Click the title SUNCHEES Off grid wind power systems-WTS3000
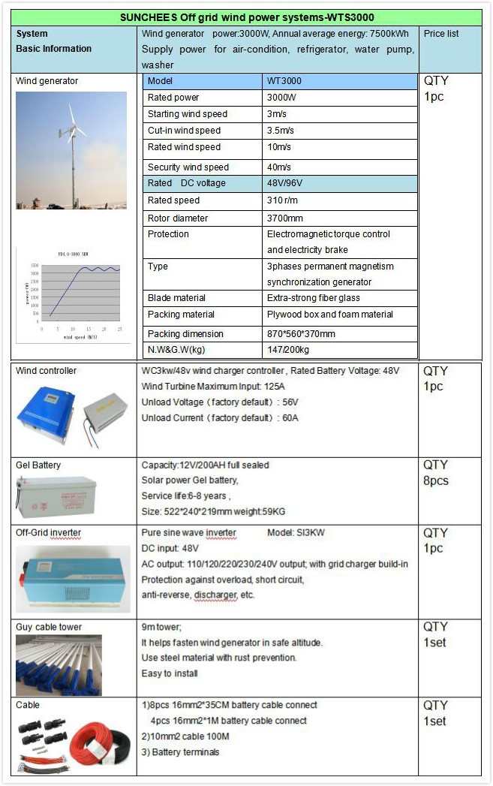click(247, 18)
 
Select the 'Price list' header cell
click(441, 34)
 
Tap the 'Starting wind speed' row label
click(187, 114)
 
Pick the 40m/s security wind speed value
click(279, 167)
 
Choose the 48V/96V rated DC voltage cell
click(284, 183)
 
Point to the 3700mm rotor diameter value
click(285, 218)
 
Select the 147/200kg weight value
click(288, 350)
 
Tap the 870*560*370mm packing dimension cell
click(301, 333)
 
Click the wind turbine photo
click(71, 150)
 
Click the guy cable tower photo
click(59, 665)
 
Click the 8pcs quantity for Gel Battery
click(435, 480)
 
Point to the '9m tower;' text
click(161, 627)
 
